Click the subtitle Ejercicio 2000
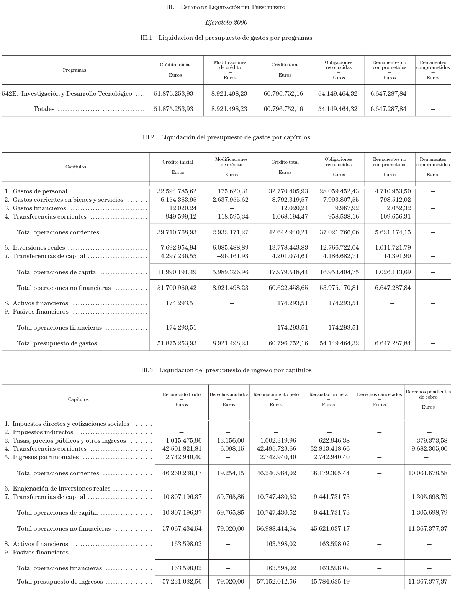[x=226, y=22]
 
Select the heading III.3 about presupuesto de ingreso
[x=226, y=370]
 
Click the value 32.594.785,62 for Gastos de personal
[x=177, y=191]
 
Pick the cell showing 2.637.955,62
[x=230, y=200]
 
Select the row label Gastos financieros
[x=39, y=208]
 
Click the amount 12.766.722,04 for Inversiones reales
[x=339, y=247]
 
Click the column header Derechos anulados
[x=229, y=394]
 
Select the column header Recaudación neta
[x=328, y=394]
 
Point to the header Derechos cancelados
[x=379, y=394]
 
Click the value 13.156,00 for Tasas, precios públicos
[x=230, y=440]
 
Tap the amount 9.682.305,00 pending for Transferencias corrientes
[x=429, y=448]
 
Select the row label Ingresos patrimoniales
[x=46, y=457]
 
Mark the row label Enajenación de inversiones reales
[x=61, y=488]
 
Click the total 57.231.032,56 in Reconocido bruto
[x=182, y=581]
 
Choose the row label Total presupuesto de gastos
[x=57, y=343]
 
